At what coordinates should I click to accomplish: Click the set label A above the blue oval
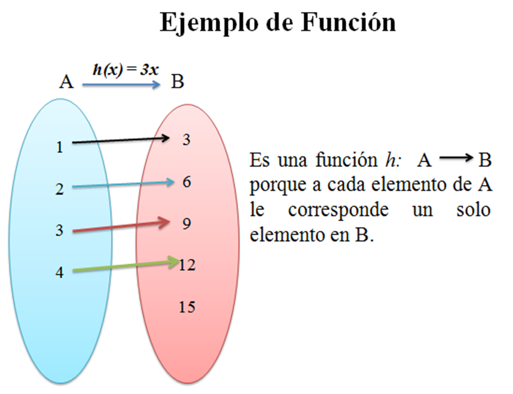[66, 82]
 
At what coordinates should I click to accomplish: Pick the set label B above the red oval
[178, 82]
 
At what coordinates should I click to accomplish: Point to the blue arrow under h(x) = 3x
[121, 85]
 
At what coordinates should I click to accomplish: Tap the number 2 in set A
[59, 190]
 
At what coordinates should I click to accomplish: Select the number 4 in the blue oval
[59, 272]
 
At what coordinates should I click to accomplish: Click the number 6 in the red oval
[187, 182]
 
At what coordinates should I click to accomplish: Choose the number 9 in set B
[187, 223]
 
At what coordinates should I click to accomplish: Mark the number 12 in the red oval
[187, 265]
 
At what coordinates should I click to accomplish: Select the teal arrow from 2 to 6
[123, 185]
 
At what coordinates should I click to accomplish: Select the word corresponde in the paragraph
[338, 210]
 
